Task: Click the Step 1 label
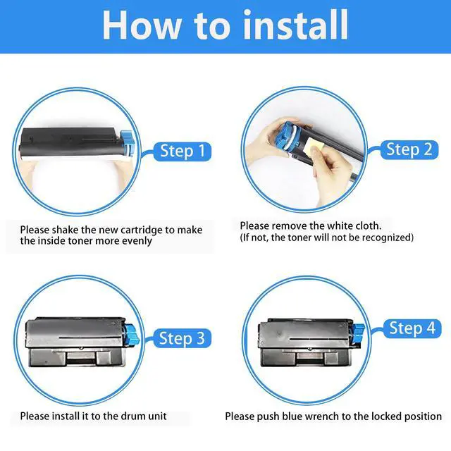coord(183,151)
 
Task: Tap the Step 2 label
coord(409,149)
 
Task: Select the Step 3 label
coord(182,338)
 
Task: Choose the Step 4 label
coord(412,328)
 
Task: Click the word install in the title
coord(295,25)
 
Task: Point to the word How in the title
coord(142,25)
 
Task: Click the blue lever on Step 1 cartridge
coord(127,142)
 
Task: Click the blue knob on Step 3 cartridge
coord(132,333)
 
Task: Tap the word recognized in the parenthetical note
coord(386,237)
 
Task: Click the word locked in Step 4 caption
coord(387,416)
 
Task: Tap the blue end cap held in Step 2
coord(289,135)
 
